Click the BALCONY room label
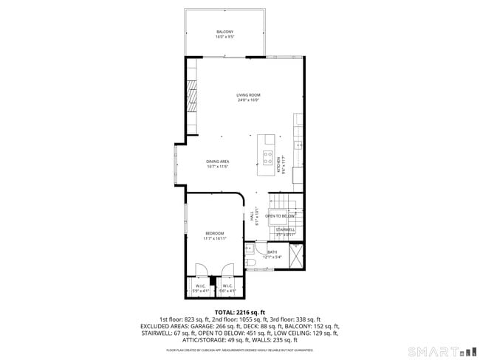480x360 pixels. (x=224, y=32)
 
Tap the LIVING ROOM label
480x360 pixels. (x=248, y=95)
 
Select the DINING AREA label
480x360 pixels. (x=218, y=162)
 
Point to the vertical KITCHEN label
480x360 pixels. (x=278, y=165)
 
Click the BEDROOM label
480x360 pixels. (x=214, y=234)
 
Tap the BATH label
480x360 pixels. (x=272, y=252)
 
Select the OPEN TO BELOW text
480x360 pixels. (x=281, y=216)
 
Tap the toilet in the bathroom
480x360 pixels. (x=250, y=263)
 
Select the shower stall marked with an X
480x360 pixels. (x=296, y=255)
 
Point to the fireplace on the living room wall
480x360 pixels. (x=191, y=97)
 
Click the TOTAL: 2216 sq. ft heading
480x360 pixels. (x=239, y=312)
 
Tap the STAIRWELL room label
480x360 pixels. (x=286, y=230)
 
